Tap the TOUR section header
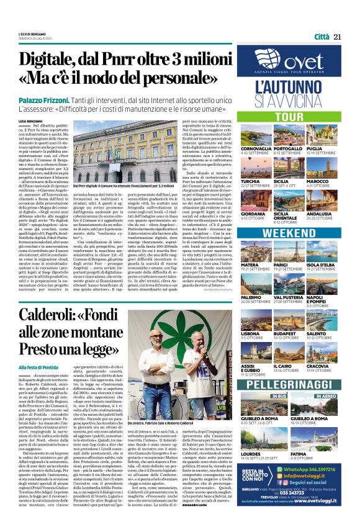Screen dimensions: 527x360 pyautogui.click(x=272, y=117)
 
